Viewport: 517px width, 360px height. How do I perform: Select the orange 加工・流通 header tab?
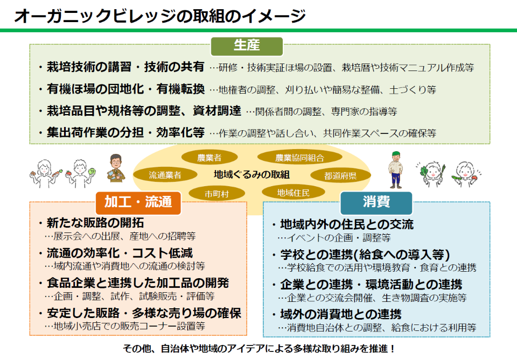pos(138,202)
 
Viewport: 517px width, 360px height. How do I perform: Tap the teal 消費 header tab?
pos(376,202)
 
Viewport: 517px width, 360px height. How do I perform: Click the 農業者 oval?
pos(209,158)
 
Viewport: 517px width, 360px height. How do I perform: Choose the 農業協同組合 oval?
pos(299,158)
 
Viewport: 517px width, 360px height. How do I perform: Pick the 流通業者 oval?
pos(165,175)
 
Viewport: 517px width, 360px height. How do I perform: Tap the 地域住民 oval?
pos(294,192)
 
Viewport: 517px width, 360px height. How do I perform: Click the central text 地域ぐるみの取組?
pos(251,174)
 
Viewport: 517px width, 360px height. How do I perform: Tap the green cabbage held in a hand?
pos(92,172)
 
